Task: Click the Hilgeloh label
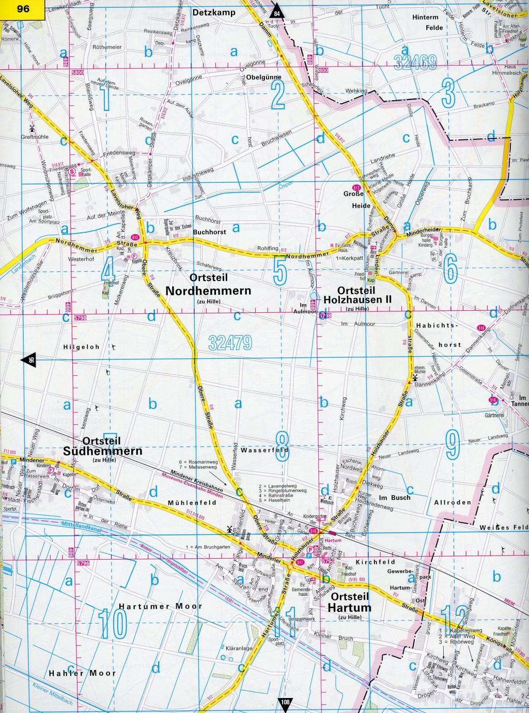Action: (x=82, y=347)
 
